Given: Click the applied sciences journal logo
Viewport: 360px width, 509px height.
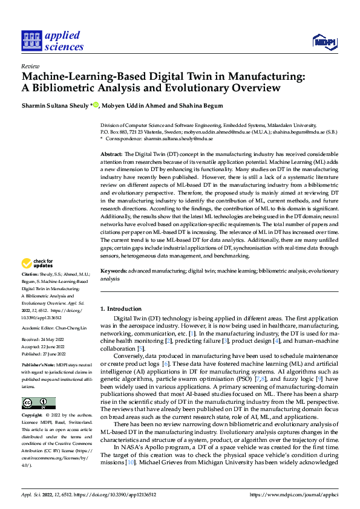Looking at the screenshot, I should pos(53,41).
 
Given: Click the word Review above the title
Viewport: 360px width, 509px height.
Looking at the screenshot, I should pos(30,66).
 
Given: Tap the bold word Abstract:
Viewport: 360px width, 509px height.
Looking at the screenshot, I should pos(112,155).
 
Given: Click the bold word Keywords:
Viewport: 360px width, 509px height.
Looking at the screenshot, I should pos(114,273).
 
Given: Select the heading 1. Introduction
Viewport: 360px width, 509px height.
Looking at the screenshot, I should pos(121,309).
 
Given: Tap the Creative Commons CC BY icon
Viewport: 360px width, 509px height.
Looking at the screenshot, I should pos(38,403).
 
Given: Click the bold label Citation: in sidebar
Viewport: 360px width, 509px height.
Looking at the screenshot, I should pos(31,291).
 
